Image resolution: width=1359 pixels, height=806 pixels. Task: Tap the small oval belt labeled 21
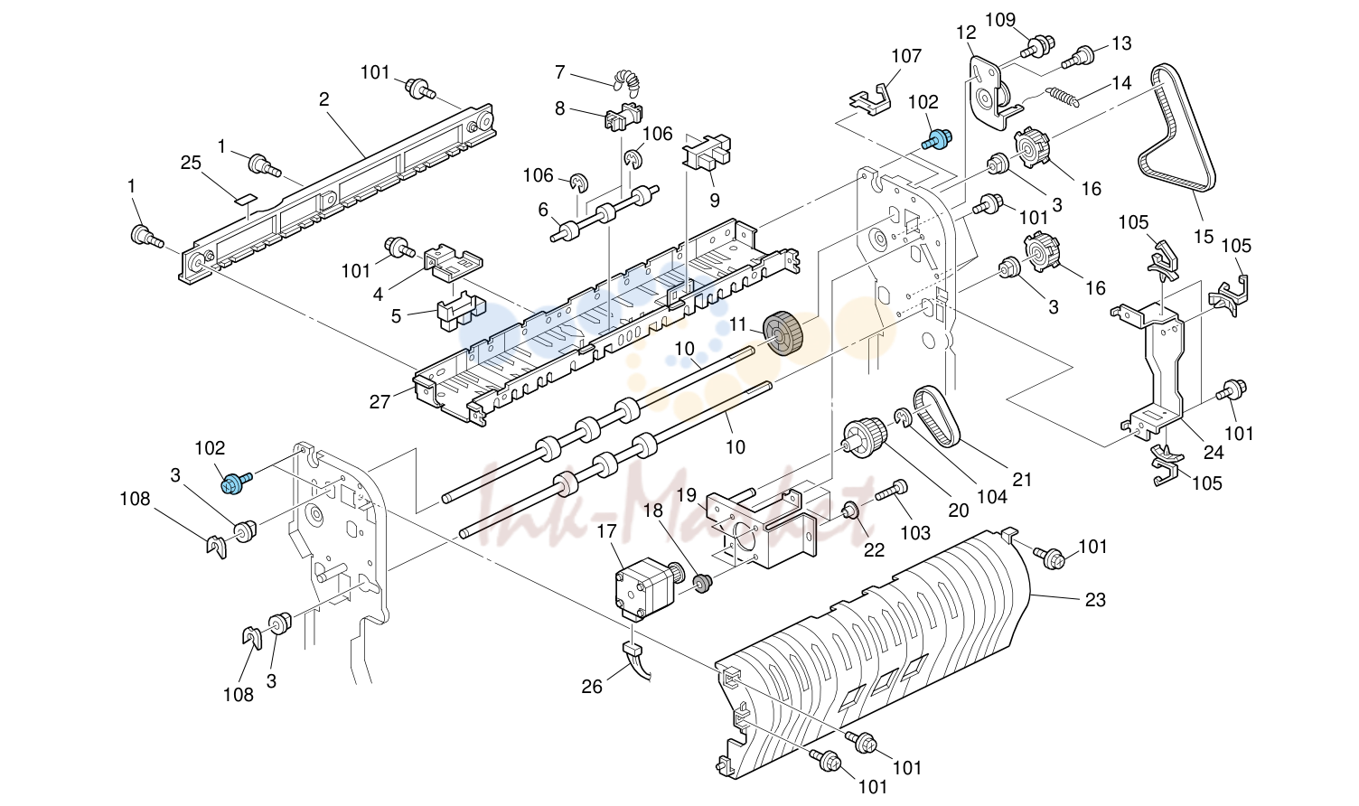pos(937,416)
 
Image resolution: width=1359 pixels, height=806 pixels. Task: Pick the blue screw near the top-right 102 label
pos(937,139)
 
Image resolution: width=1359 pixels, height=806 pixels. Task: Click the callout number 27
pos(380,401)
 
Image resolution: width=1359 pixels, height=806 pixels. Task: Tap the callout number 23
pos(1095,600)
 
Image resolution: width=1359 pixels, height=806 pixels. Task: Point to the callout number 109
pos(1000,20)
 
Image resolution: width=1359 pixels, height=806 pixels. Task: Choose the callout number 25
pos(192,164)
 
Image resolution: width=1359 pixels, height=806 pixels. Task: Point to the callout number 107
pos(906,56)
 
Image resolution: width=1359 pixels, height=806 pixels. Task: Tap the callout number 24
pos(1214,452)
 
